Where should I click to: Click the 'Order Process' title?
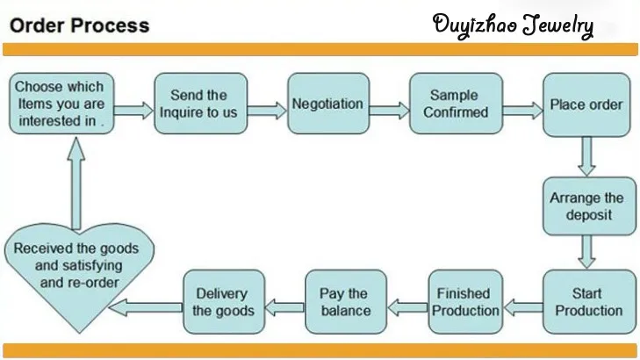tap(79, 24)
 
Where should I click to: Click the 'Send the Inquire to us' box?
tap(198, 104)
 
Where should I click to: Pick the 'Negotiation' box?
tap(327, 104)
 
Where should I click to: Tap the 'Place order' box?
tap(586, 104)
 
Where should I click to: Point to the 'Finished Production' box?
tap(464, 301)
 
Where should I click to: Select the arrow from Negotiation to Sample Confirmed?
tap(388, 108)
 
